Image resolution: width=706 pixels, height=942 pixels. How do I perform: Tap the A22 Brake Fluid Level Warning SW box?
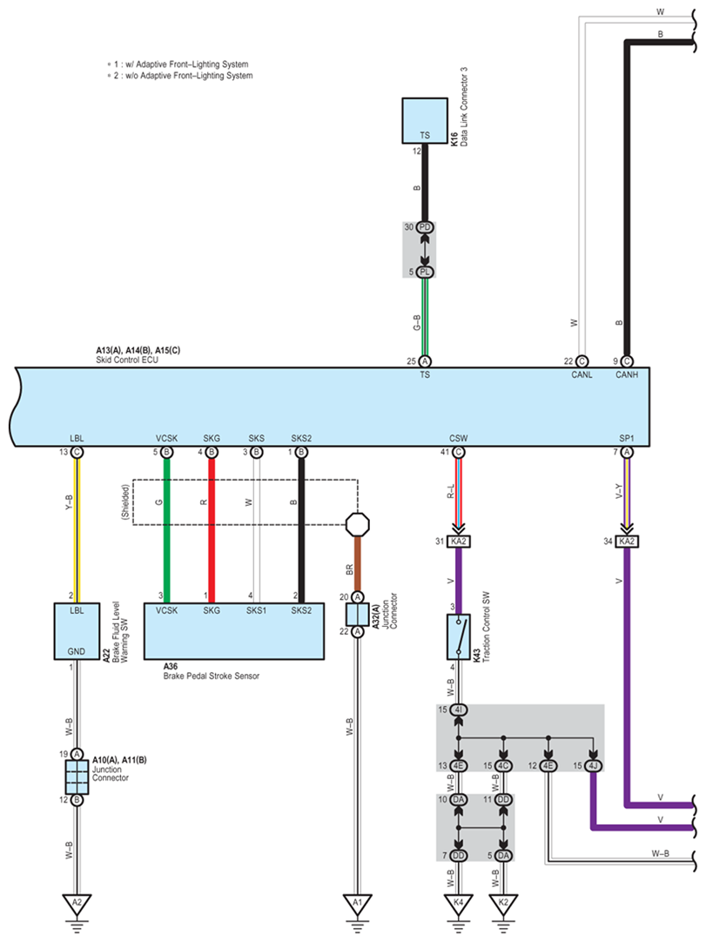[x=77, y=631]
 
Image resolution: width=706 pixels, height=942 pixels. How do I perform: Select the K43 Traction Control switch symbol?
[x=459, y=636]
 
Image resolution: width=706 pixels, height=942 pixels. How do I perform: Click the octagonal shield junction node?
[x=358, y=524]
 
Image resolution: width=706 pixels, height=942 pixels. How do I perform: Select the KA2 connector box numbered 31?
[x=459, y=542]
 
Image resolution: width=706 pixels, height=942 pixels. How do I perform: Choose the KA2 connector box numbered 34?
[x=627, y=542]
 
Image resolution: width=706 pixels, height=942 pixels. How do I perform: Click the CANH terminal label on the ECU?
[x=627, y=375]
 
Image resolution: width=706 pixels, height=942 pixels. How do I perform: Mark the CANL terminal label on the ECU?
[x=582, y=375]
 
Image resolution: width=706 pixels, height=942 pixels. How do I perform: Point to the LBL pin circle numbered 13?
[x=77, y=453]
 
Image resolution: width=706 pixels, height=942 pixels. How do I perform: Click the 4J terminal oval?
[x=594, y=765]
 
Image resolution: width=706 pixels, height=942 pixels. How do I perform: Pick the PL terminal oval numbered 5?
[x=425, y=273]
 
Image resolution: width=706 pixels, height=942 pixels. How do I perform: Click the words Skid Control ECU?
[x=127, y=360]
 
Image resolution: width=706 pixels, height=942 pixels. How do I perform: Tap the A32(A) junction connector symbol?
[x=358, y=615]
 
